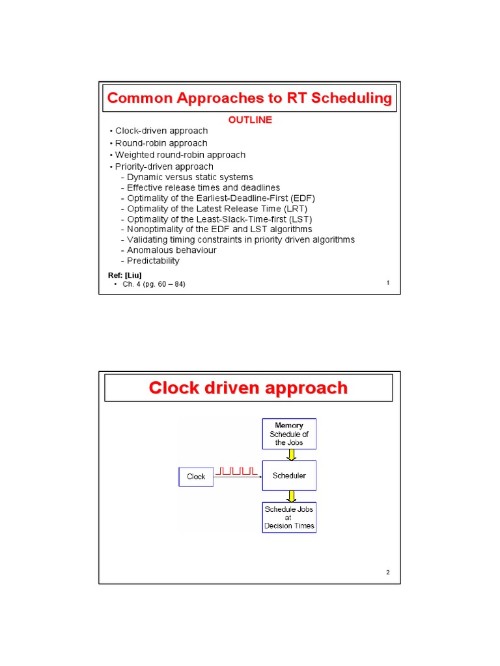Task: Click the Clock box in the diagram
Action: click(x=196, y=477)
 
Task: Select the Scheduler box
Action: click(x=289, y=476)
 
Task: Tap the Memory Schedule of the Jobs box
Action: click(x=289, y=434)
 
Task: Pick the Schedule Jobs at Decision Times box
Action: click(x=289, y=517)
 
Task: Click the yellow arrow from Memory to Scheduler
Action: click(x=289, y=455)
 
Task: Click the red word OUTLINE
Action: click(x=249, y=120)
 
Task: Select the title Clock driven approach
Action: click(x=248, y=388)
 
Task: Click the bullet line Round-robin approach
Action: click(x=161, y=143)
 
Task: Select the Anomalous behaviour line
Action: click(x=172, y=250)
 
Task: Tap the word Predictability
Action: click(x=153, y=261)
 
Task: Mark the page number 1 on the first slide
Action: click(x=388, y=283)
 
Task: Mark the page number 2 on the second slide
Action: click(x=387, y=572)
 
